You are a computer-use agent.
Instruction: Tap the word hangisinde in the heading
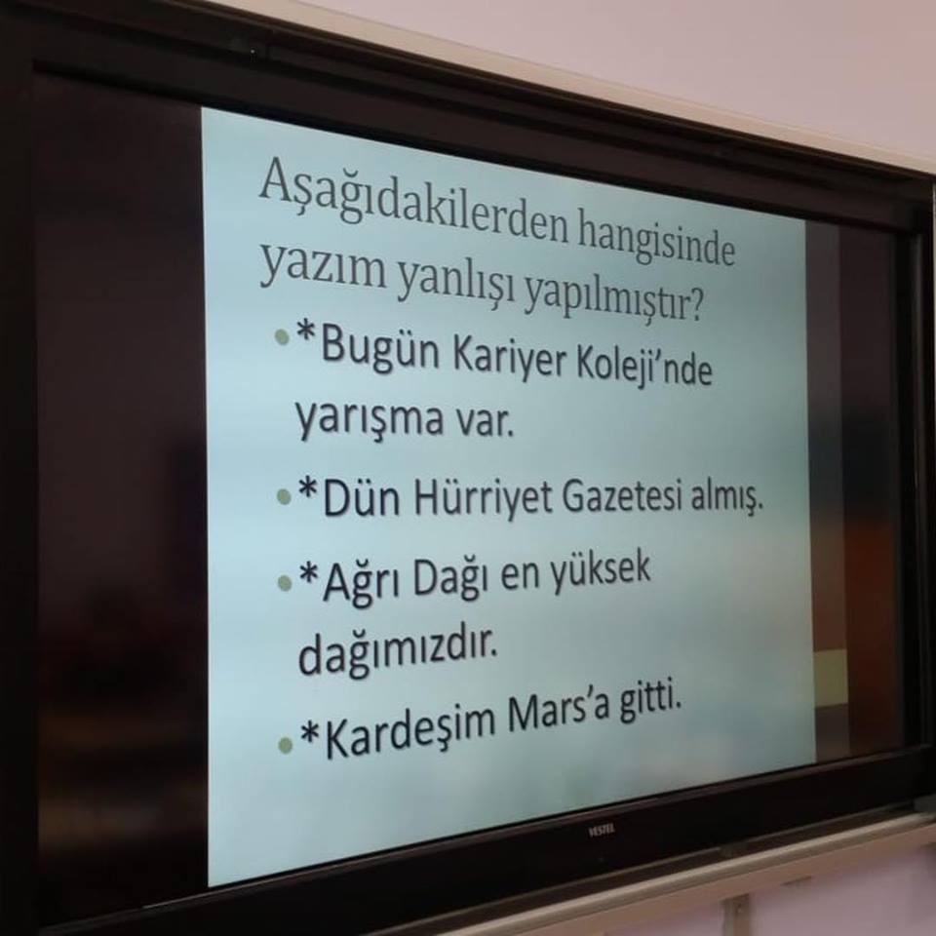[655, 241]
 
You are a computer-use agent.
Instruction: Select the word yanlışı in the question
[455, 281]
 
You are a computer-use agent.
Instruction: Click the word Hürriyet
[483, 498]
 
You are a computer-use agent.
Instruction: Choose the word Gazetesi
[623, 497]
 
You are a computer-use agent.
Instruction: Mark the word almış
[726, 499]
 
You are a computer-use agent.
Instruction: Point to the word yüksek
[599, 570]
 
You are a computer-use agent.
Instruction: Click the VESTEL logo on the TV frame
[603, 830]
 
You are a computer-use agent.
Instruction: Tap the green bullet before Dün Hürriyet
[284, 496]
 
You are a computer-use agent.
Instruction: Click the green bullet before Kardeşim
[286, 744]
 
